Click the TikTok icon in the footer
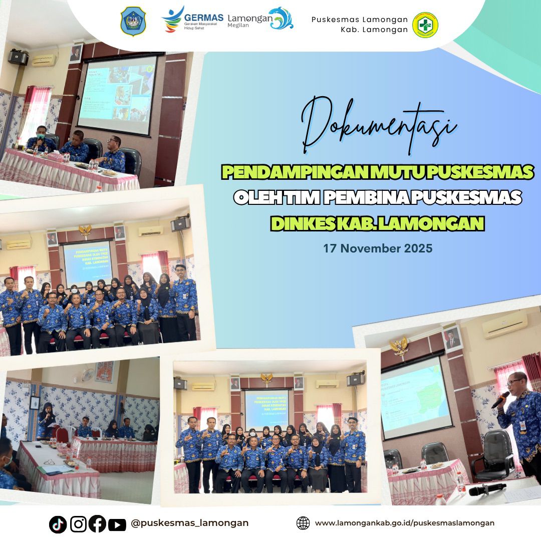point(58,524)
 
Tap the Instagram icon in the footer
point(78,524)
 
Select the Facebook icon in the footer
point(97,524)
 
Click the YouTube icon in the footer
point(117,524)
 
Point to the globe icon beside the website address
point(303,523)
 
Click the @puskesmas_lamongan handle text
point(189,523)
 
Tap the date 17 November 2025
point(378,248)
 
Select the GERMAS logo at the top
point(192,19)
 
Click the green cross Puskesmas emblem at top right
point(425,25)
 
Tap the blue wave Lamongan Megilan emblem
point(281,19)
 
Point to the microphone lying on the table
point(486,489)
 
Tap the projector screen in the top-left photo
point(118,94)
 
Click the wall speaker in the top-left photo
point(18,57)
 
